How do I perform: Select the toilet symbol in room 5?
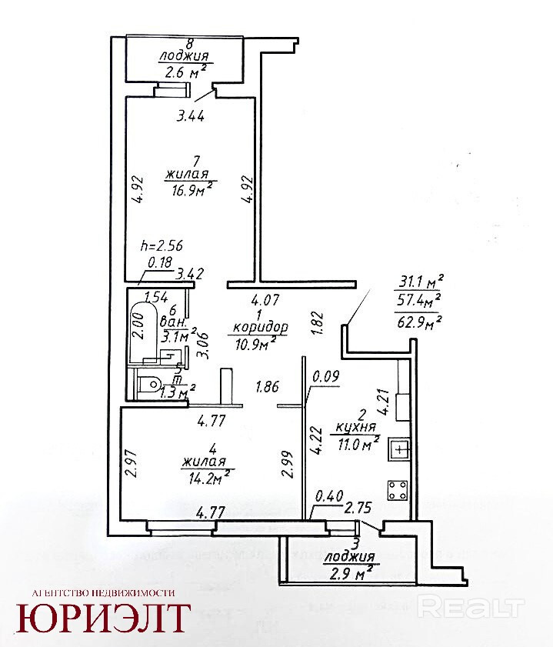click(149, 384)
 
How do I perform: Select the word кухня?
click(356, 428)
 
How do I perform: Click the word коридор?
click(259, 328)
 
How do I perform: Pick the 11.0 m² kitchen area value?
click(356, 442)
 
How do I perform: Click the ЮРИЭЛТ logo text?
click(104, 618)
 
